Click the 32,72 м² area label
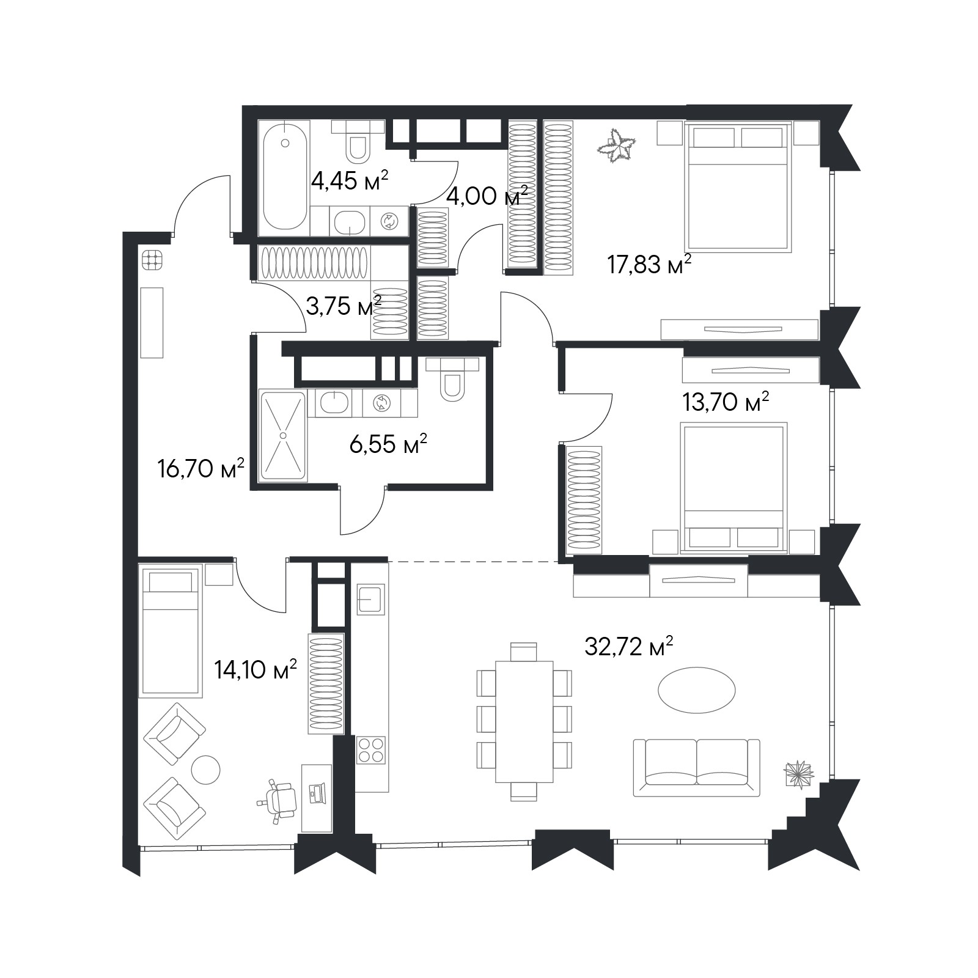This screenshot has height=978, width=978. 629,646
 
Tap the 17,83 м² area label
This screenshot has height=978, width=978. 649,265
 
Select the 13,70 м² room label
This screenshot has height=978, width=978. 725,402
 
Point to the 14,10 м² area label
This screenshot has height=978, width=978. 256,670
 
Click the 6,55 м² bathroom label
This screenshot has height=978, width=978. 388,444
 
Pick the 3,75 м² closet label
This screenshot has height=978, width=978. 344,306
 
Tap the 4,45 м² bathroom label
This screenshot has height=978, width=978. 350,181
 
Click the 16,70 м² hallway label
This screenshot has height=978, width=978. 200,469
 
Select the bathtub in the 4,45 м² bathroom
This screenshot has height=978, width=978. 285,175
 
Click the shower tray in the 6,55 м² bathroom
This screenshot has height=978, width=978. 283,435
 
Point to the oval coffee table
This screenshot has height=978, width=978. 696,689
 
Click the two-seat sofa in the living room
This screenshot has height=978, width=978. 696,767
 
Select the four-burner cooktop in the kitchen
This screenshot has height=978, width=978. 371,750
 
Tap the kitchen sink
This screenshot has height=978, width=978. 370,599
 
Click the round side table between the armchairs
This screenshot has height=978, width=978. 205,770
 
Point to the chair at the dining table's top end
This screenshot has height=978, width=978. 523,652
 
